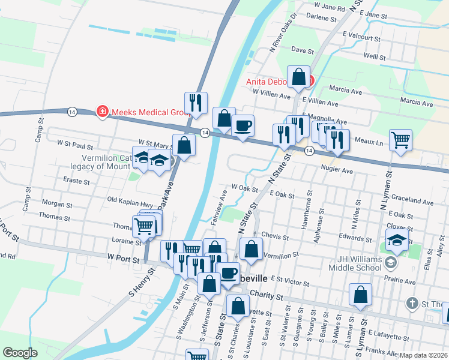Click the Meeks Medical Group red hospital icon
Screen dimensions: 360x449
point(103,112)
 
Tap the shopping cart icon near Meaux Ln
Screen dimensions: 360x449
point(400,140)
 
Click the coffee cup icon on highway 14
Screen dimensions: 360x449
point(243,126)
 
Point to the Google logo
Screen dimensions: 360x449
point(20,352)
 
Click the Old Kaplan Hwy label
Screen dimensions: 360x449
point(130,199)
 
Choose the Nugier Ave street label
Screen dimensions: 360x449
point(337,170)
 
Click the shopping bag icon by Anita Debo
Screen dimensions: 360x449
point(298,77)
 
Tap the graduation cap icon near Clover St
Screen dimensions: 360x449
point(397,240)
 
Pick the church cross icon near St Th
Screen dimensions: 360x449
point(412,302)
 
